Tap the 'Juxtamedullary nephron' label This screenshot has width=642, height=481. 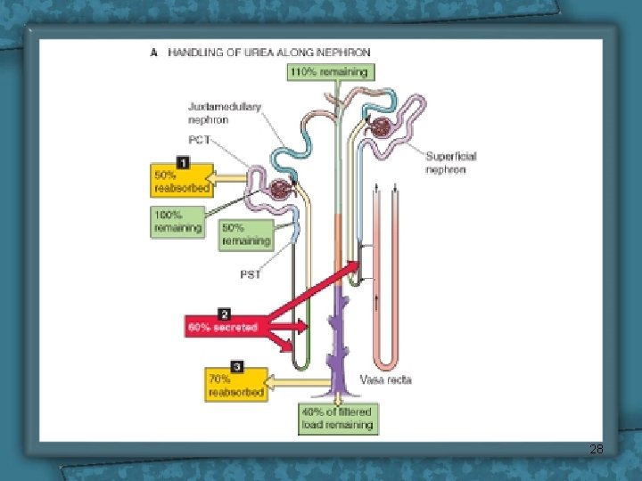[225, 113]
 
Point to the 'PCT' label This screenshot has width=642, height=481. [200, 140]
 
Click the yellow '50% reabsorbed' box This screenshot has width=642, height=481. [182, 182]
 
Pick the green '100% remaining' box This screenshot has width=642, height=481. [177, 223]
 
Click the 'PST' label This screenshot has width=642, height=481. [251, 274]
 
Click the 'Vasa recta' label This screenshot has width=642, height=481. [385, 380]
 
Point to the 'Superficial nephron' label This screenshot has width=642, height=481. [450, 162]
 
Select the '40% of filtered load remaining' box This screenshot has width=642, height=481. [338, 419]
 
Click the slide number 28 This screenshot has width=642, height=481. [597, 450]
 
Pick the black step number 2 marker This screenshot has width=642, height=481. [225, 314]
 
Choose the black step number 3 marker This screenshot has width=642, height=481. [236, 366]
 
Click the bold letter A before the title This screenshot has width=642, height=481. [154, 53]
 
